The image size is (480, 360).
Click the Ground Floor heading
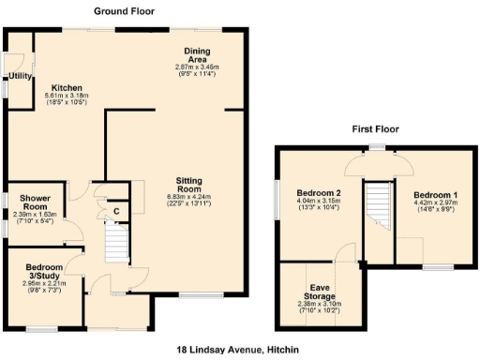(125, 11)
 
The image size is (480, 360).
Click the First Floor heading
(376, 128)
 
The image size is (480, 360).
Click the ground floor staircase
(114, 247)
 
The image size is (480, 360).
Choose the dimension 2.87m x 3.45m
(197, 67)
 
